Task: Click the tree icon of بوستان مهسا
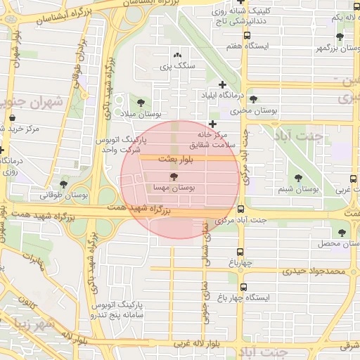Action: (x=174, y=176)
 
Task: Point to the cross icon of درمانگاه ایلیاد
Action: (x=223, y=84)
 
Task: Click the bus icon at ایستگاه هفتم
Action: (x=247, y=35)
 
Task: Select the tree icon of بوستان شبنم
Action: (x=298, y=178)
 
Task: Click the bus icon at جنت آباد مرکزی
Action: (x=241, y=209)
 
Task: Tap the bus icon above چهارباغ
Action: (x=240, y=252)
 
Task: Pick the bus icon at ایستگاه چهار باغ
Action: (x=244, y=287)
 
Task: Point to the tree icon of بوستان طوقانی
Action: (x=63, y=184)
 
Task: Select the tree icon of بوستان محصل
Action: (x=342, y=232)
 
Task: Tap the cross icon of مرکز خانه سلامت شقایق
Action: (x=213, y=124)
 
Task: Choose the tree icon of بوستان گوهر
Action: (x=340, y=37)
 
